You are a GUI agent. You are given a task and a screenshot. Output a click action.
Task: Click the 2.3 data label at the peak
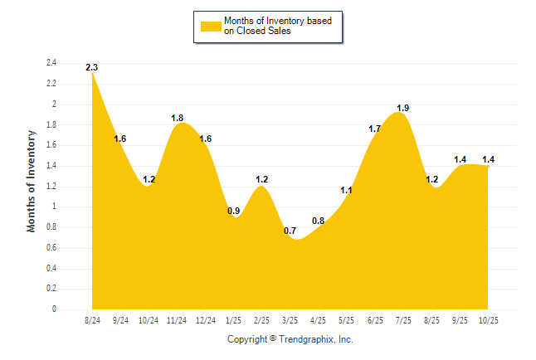(x=92, y=67)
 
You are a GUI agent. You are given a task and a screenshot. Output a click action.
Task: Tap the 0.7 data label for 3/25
(x=290, y=231)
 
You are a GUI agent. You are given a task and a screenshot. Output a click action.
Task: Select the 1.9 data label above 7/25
(x=403, y=108)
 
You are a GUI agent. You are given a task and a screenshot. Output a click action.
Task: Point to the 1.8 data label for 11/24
(x=177, y=119)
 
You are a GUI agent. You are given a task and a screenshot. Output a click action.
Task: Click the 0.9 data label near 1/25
(x=234, y=211)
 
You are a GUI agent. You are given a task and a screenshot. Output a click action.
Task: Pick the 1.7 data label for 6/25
(x=374, y=129)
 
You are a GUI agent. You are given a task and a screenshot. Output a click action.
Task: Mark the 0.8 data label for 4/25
(x=319, y=221)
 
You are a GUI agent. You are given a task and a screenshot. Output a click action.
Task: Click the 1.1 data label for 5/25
(x=347, y=190)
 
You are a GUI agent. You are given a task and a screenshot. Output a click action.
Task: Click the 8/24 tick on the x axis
(x=92, y=320)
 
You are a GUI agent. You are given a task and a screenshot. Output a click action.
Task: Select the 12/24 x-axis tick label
(x=205, y=320)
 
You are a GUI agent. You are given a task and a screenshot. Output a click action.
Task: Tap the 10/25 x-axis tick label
(x=488, y=320)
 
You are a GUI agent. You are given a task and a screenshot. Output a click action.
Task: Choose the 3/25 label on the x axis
(x=290, y=320)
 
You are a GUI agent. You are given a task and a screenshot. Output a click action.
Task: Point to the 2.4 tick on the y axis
(x=51, y=63)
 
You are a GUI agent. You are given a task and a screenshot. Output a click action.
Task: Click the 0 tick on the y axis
(x=54, y=309)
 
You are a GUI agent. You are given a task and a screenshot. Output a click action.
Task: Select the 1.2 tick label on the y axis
(x=51, y=187)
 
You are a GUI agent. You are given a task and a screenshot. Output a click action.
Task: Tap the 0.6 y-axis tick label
(x=51, y=248)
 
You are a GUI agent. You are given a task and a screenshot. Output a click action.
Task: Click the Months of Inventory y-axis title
(x=32, y=181)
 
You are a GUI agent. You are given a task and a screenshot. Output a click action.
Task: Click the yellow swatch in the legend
(x=210, y=26)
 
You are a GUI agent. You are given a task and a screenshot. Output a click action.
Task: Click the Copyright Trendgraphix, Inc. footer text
(x=290, y=339)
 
